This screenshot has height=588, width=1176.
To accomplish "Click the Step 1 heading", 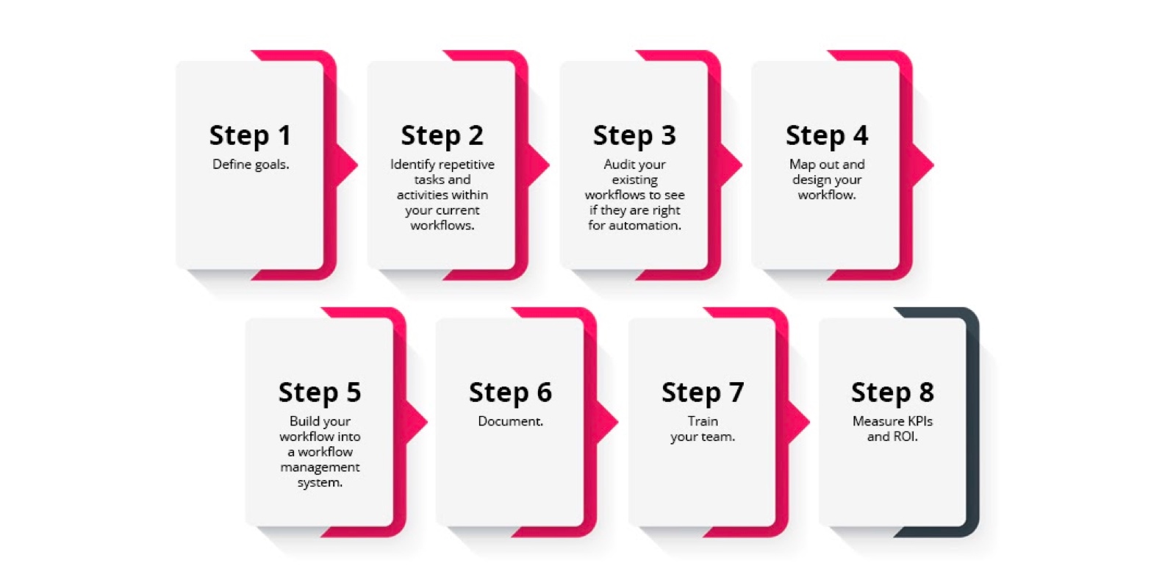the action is [250, 135].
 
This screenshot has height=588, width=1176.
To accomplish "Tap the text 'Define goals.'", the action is [251, 165].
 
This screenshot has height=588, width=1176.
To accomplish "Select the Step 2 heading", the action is [442, 135].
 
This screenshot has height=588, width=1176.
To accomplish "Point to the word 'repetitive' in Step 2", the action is [467, 165].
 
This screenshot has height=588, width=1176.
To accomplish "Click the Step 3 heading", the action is [634, 135].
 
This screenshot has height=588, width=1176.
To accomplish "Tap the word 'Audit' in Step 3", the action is [615, 165].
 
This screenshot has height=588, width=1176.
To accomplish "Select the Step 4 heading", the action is [827, 135].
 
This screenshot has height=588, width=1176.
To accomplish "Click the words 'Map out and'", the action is [827, 165].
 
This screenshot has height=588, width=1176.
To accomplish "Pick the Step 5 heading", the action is [320, 392].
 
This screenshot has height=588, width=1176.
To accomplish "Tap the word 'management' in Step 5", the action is [320, 467].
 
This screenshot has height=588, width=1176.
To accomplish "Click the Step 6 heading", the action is [510, 392].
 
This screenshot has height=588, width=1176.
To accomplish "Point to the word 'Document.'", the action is [510, 421].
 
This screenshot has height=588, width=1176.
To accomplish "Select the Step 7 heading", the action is [703, 392].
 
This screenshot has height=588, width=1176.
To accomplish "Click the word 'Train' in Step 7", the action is [703, 421].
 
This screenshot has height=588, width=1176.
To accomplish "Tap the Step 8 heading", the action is [892, 392].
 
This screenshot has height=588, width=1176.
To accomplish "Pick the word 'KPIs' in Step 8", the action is [919, 421].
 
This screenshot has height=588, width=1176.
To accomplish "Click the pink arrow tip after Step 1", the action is [357, 165].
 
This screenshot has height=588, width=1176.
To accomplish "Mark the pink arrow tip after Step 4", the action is [933, 165].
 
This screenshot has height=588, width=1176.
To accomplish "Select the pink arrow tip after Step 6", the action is [617, 422].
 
